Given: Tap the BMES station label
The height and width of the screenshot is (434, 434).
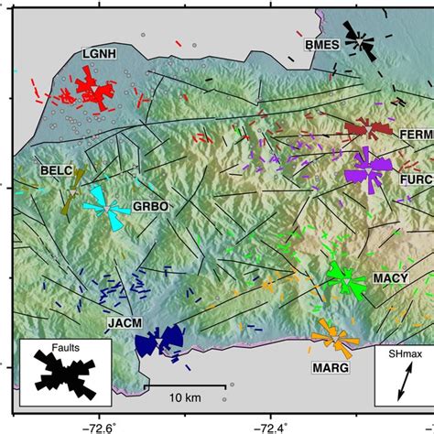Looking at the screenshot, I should [322, 44].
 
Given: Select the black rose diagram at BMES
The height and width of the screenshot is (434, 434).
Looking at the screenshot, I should [359, 41].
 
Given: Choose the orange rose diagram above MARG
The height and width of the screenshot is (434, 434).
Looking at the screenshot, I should [332, 338].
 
